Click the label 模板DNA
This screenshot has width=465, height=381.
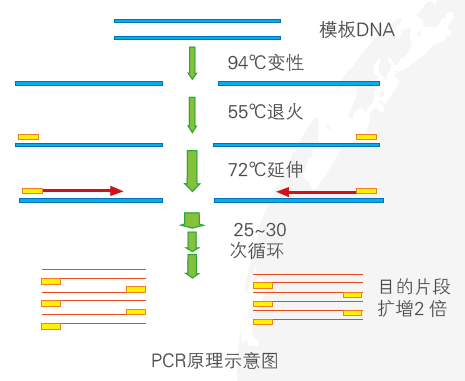click(357, 30)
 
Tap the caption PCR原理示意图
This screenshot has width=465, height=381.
click(215, 358)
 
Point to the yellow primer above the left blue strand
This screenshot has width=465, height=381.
click(28, 136)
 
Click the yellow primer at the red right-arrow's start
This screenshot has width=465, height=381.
click(33, 190)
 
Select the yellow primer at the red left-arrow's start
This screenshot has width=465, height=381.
click(367, 190)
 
